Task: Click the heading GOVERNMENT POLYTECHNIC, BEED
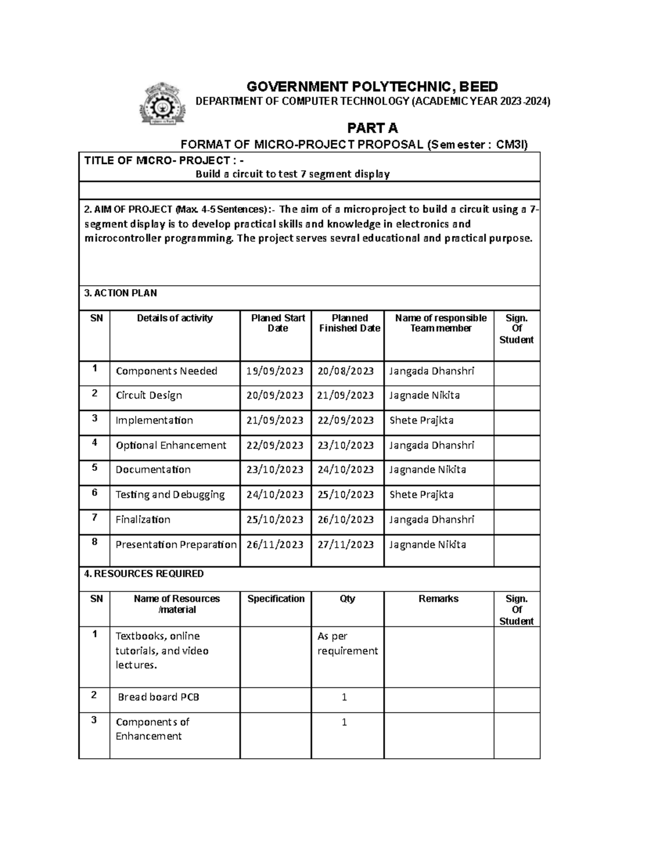(x=372, y=86)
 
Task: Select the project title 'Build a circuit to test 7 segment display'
(x=293, y=174)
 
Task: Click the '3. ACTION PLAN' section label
(x=120, y=293)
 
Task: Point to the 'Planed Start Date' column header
(x=278, y=323)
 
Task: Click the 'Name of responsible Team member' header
(x=441, y=323)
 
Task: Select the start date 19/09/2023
(x=275, y=371)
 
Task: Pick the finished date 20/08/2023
(x=346, y=371)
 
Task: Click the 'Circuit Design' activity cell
(x=149, y=395)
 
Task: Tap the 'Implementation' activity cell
(x=154, y=420)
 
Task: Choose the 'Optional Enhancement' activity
(x=171, y=445)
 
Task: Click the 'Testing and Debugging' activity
(x=170, y=495)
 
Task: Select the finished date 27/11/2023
(x=346, y=544)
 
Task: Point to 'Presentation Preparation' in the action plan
(x=176, y=544)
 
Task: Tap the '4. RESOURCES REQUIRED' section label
(x=144, y=574)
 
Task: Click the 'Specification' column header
(x=276, y=599)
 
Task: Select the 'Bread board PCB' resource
(x=158, y=697)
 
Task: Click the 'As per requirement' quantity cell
(x=347, y=643)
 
